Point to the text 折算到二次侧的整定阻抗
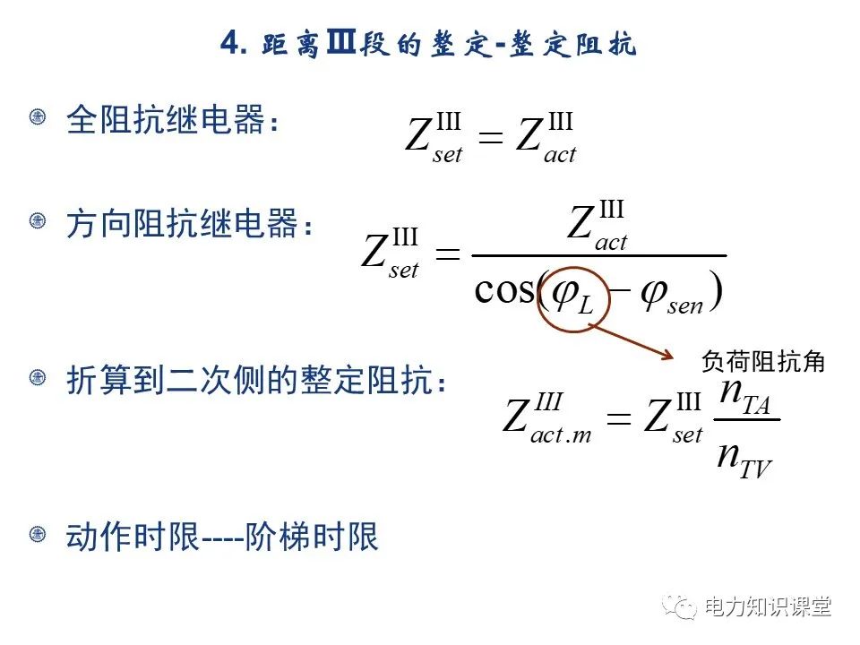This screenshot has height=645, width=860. pos(255,383)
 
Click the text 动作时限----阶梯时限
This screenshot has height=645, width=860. pos(222,537)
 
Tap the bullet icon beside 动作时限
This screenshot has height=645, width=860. pos(38,535)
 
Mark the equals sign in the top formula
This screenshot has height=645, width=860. pos(491,138)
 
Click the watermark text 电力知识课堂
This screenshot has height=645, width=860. pos(769,607)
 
